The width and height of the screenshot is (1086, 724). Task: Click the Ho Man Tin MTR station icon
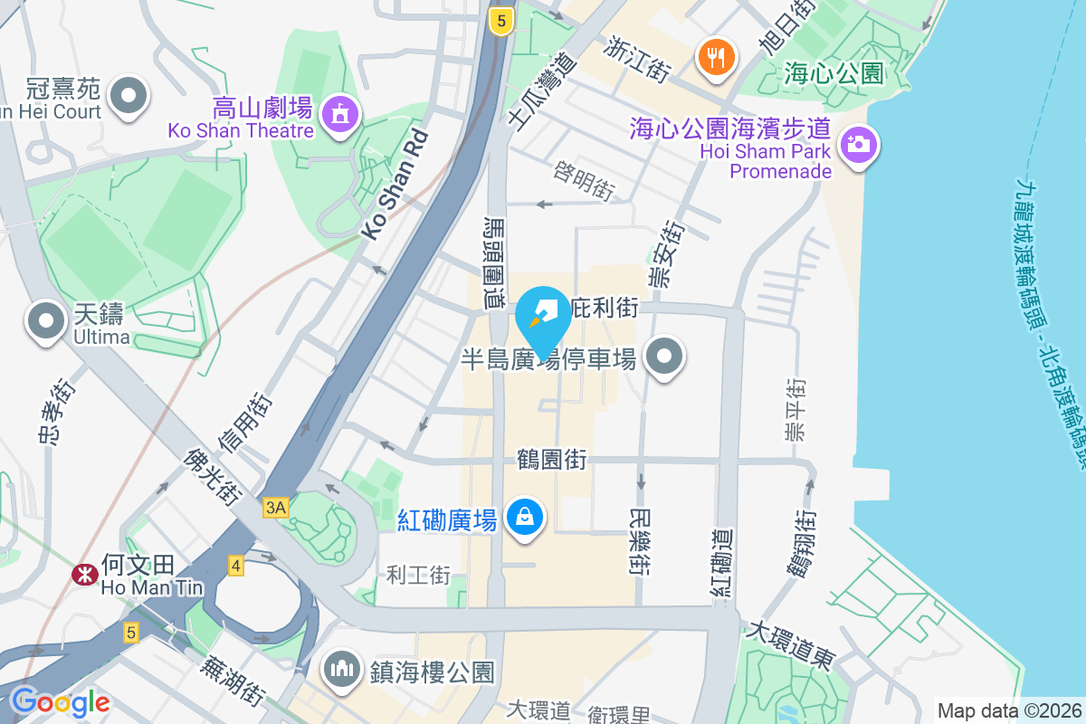point(86,574)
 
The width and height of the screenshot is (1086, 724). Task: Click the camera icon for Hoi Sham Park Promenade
point(857,143)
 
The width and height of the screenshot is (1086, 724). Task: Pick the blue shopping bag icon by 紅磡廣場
point(524,518)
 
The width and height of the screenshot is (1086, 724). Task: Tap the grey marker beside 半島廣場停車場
point(665,357)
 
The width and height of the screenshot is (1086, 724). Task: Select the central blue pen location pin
point(543,317)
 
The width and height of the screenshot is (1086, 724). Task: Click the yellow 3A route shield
point(275,508)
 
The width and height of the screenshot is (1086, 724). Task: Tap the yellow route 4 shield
point(236,566)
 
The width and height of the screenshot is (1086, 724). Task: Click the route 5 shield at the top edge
point(500,20)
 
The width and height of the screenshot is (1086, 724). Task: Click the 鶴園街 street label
point(551,461)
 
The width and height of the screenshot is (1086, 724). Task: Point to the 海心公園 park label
point(834,72)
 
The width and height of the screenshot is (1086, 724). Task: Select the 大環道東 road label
point(789,643)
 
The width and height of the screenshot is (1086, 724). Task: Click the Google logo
point(61,702)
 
